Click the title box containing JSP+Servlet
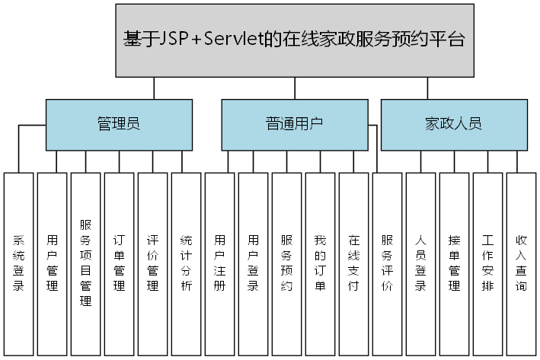[x=293, y=40]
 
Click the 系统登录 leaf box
[x=18, y=263]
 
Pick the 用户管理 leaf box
[x=52, y=263]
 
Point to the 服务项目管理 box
[x=85, y=263]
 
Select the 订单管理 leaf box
[x=119, y=263]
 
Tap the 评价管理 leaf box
[x=152, y=263]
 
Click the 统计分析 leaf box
[x=186, y=263]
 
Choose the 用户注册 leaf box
[x=219, y=263]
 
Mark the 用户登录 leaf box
[x=253, y=263]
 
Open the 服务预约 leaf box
[x=286, y=263]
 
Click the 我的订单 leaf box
[x=320, y=263]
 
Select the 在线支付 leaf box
[x=353, y=263]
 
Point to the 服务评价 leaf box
[x=387, y=263]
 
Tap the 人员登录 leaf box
[x=420, y=263]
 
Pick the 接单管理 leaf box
[x=454, y=263]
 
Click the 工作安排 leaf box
[x=487, y=263]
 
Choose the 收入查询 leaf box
[x=521, y=263]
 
